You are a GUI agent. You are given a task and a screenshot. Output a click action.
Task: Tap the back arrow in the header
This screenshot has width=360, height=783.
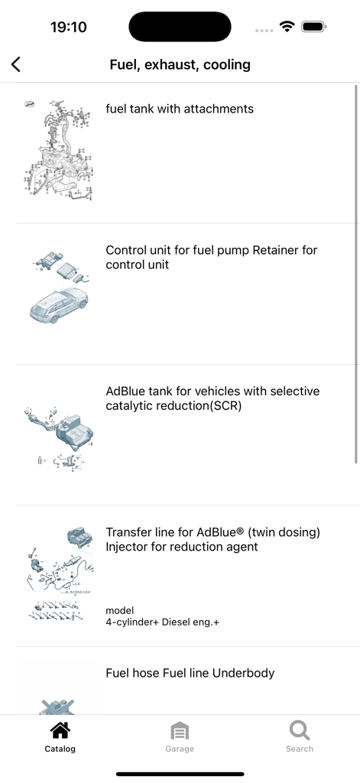(x=16, y=65)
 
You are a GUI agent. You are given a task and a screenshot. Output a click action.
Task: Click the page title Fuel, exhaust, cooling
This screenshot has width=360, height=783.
(x=180, y=65)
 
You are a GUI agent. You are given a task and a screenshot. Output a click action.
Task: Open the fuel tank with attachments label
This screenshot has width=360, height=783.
(x=180, y=109)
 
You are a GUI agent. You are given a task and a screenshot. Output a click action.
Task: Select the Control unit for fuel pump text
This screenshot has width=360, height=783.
(x=211, y=258)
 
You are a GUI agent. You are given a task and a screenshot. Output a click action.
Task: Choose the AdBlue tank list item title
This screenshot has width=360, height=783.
(x=212, y=398)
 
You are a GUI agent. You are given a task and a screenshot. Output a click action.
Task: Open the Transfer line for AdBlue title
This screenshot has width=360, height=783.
(x=212, y=539)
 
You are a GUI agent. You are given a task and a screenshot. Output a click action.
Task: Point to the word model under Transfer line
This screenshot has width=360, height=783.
(x=120, y=610)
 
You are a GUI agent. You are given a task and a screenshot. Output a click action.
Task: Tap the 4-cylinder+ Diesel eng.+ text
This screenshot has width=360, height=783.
(x=162, y=622)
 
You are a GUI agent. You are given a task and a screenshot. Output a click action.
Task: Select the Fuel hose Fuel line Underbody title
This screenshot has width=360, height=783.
(x=190, y=673)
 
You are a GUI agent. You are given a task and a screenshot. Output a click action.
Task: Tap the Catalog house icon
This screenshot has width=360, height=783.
(x=60, y=730)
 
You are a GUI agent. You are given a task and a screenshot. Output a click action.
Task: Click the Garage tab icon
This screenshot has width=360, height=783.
(x=180, y=730)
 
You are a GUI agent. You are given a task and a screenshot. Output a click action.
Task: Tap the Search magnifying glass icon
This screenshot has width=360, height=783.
(x=300, y=730)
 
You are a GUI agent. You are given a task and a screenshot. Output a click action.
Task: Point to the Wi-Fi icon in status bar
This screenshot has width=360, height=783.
(x=287, y=27)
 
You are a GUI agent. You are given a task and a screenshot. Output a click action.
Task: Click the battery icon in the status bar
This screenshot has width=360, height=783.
(x=314, y=27)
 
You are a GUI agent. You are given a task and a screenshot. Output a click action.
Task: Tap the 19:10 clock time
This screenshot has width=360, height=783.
(x=69, y=27)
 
